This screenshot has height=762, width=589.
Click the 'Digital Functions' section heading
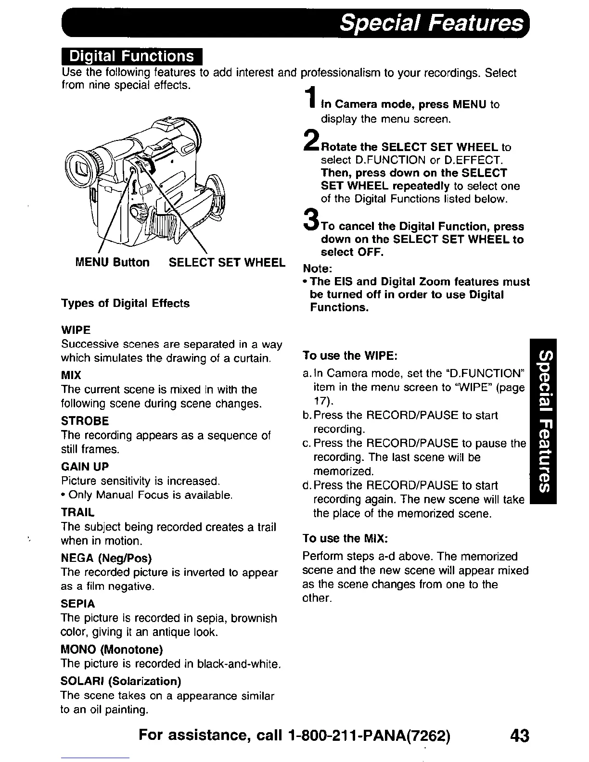[132, 57]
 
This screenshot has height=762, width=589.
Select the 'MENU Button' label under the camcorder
[113, 262]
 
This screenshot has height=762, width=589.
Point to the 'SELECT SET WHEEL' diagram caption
[227, 262]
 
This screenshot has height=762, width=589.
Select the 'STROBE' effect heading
[85, 421]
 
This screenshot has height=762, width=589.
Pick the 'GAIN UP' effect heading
[85, 467]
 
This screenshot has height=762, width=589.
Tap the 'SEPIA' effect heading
[78, 604]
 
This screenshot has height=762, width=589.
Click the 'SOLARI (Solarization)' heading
[121, 681]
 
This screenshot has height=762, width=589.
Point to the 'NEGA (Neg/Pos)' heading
[106, 558]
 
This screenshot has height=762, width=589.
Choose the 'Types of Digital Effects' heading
[125, 304]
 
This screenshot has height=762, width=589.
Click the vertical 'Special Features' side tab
[542, 421]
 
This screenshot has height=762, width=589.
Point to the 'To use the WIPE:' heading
[349, 356]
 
